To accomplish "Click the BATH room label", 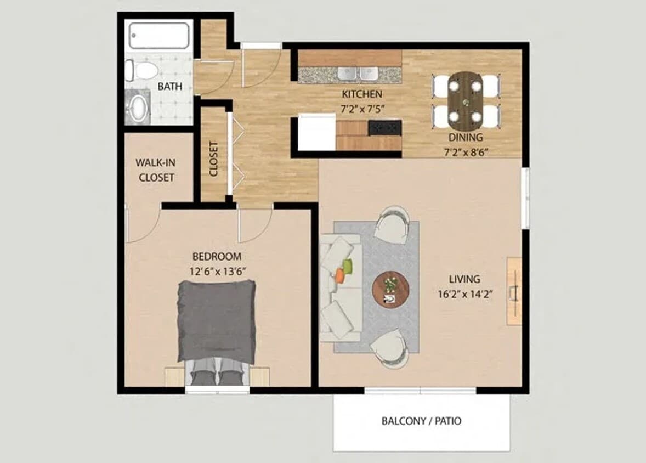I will point(169,86).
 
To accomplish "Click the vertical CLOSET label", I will point(214,160).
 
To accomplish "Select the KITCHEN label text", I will point(362,94).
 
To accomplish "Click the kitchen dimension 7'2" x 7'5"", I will point(362,109).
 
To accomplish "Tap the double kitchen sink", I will point(356,74).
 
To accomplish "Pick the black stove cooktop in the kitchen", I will point(385,128).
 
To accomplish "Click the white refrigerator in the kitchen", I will point(316,132).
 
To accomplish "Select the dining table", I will point(466,100).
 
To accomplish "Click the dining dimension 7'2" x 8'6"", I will point(466,151).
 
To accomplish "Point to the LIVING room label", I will point(464,279).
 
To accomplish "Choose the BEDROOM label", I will point(217,256).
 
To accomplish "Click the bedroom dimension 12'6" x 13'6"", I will point(217,270).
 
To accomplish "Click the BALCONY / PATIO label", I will point(421,421).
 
